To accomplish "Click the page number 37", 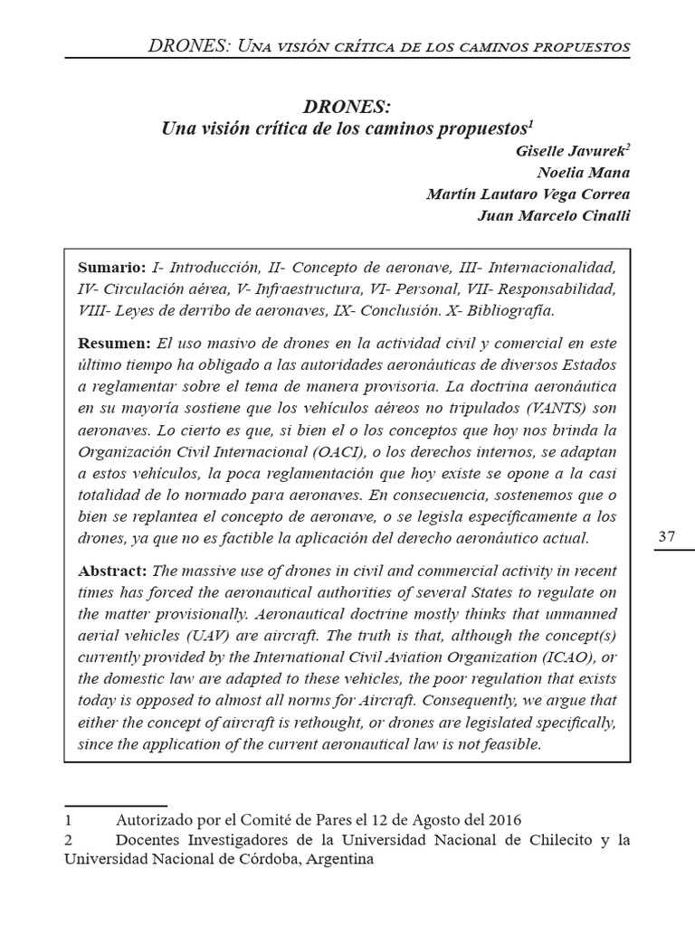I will pos(667,536).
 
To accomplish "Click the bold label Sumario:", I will pos(111,269).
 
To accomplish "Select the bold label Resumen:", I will pos(114,344).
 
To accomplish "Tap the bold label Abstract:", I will pos(113,572).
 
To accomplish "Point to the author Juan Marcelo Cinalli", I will pos(554,215).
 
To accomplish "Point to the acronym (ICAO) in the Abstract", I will pos(557,658).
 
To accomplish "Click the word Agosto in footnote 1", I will pos(438,820).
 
